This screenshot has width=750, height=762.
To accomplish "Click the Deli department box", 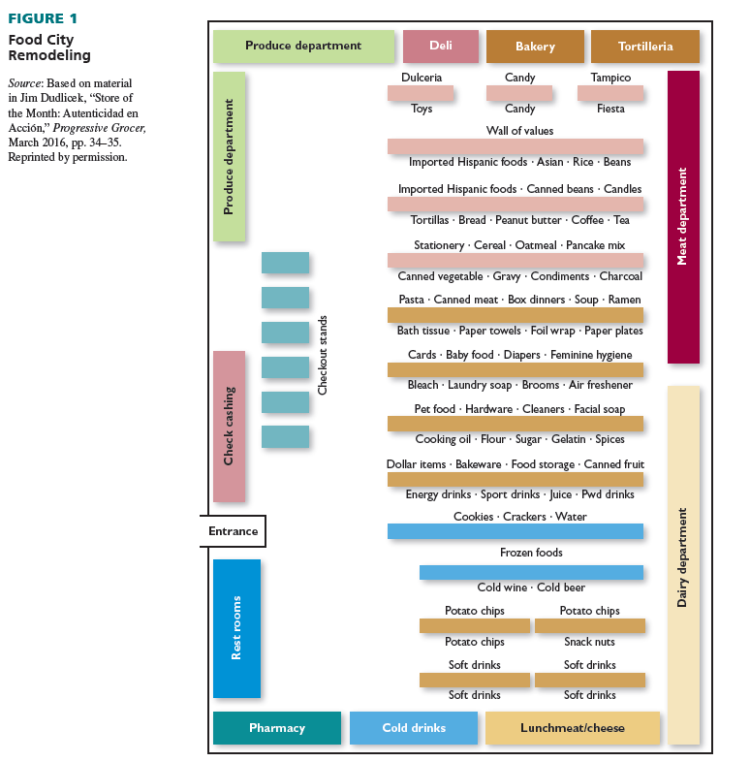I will click(440, 47).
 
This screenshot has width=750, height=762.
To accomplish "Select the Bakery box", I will click(535, 47).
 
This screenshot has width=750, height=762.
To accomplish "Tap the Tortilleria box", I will click(644, 47).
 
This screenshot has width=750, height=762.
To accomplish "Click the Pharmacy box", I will click(276, 728).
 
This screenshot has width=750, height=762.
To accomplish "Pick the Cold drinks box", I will click(414, 728).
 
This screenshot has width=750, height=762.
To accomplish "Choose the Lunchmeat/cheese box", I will click(572, 728).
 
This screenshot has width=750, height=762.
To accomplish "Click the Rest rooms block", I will click(236, 628).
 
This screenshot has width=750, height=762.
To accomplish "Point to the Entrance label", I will click(233, 531).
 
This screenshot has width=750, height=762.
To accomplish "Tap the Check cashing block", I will click(229, 426).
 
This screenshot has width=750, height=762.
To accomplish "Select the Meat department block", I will click(683, 217).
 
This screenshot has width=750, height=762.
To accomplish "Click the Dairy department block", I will click(683, 564).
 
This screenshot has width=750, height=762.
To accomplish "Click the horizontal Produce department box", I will click(303, 46).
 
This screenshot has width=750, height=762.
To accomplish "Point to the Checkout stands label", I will click(324, 355).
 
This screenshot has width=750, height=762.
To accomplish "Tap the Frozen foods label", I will click(531, 553).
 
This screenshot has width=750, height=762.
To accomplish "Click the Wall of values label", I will click(520, 131).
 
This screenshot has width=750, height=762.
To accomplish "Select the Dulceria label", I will click(422, 78).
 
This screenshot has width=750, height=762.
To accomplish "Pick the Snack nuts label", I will click(589, 642).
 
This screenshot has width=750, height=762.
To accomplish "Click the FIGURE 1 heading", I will click(43, 18).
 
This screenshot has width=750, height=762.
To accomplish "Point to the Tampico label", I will click(610, 78).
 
